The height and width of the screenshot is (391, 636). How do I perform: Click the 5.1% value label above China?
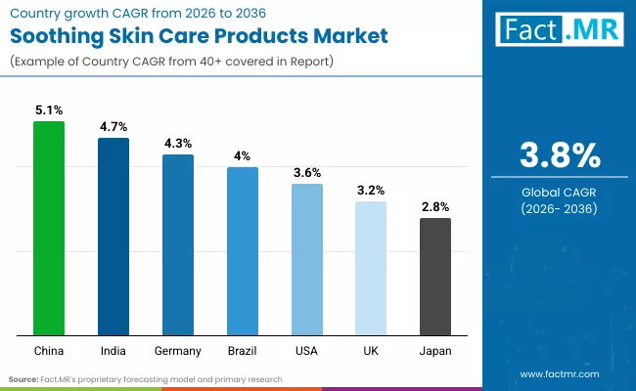coord(49,110)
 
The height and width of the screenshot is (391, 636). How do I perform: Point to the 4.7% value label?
coord(114,127)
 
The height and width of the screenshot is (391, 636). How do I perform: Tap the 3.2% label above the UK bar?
coord(371,191)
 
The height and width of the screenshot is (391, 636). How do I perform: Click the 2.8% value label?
coord(435,207)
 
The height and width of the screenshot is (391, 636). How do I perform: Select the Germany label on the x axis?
coord(178,350)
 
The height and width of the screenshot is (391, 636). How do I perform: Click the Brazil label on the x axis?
coord(243,350)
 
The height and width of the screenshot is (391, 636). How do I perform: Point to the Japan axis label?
coord(435,350)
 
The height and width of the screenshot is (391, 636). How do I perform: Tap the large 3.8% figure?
coord(559,155)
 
